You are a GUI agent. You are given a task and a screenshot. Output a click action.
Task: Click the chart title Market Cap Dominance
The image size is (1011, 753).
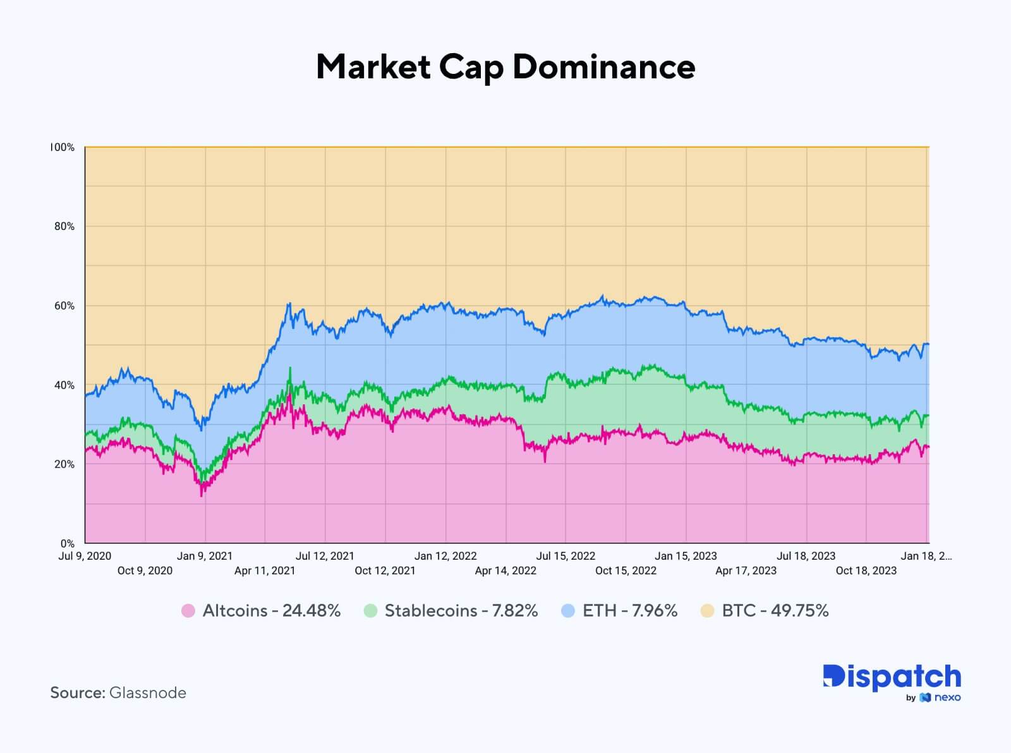(505, 67)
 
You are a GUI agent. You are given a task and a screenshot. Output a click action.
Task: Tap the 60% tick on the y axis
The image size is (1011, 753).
(64, 306)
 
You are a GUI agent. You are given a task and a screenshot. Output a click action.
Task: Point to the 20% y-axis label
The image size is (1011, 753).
(64, 464)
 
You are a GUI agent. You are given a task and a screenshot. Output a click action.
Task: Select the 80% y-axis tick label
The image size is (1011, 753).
(64, 226)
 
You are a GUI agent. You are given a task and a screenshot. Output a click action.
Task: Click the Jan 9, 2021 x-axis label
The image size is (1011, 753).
(205, 556)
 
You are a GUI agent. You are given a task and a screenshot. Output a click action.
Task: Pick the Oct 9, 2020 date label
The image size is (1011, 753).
(145, 570)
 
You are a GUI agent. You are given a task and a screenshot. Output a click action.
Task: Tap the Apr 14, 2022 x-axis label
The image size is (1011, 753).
(505, 570)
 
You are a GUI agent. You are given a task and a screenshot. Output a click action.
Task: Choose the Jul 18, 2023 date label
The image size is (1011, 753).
(806, 556)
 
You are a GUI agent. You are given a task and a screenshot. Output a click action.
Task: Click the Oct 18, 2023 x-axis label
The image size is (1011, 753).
(866, 570)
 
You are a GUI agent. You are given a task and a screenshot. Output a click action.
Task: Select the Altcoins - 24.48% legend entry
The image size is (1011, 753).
(271, 611)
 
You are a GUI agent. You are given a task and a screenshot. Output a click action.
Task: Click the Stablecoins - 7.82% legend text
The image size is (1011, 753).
(461, 611)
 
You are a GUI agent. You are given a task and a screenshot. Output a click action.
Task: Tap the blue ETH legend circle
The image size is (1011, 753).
(568, 611)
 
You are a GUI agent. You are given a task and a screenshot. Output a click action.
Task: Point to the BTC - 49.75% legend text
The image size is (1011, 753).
(775, 611)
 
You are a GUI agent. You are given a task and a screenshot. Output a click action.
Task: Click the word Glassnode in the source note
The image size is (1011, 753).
(148, 693)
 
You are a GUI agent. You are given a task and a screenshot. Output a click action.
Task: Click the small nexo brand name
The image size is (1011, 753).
(947, 697)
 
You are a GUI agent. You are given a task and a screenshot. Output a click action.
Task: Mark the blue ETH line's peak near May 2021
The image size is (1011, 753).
(289, 304)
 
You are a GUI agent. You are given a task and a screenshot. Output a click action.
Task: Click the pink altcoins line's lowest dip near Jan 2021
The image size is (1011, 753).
(202, 495)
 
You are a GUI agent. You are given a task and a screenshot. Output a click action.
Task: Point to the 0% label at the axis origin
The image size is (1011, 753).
(67, 543)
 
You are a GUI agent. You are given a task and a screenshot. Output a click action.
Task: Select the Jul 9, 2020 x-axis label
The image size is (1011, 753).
(85, 556)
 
